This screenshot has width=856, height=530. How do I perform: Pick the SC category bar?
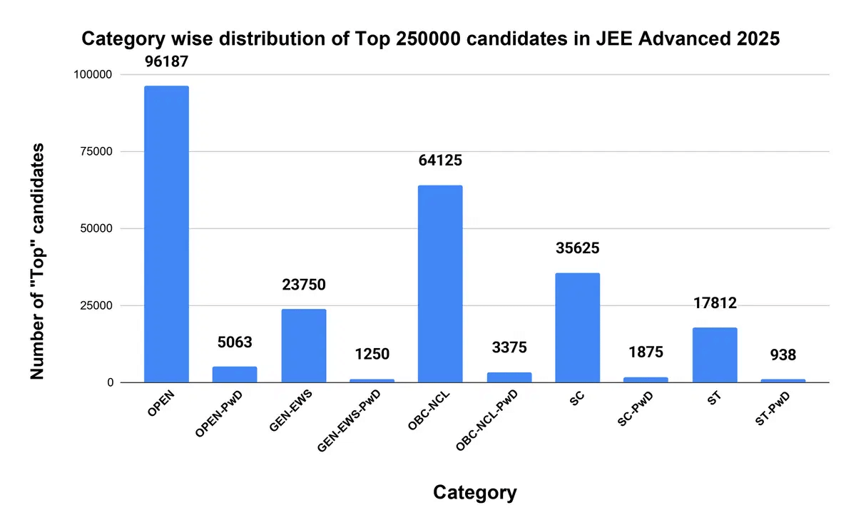tap(577, 327)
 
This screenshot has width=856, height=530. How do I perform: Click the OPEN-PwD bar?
tap(235, 374)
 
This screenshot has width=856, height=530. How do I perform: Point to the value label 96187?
tap(166, 62)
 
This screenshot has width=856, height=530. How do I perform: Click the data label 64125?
tap(440, 160)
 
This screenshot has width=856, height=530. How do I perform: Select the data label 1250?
tap(372, 354)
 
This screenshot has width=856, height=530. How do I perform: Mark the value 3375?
tap(509, 348)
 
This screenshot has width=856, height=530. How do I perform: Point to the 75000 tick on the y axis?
tap(96, 152)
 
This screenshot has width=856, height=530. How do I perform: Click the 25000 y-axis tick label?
tap(96, 306)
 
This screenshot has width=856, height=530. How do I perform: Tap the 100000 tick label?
tap(93, 75)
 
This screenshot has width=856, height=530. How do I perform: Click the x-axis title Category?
tap(474, 492)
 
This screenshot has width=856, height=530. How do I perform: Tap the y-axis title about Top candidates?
tap(37, 260)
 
